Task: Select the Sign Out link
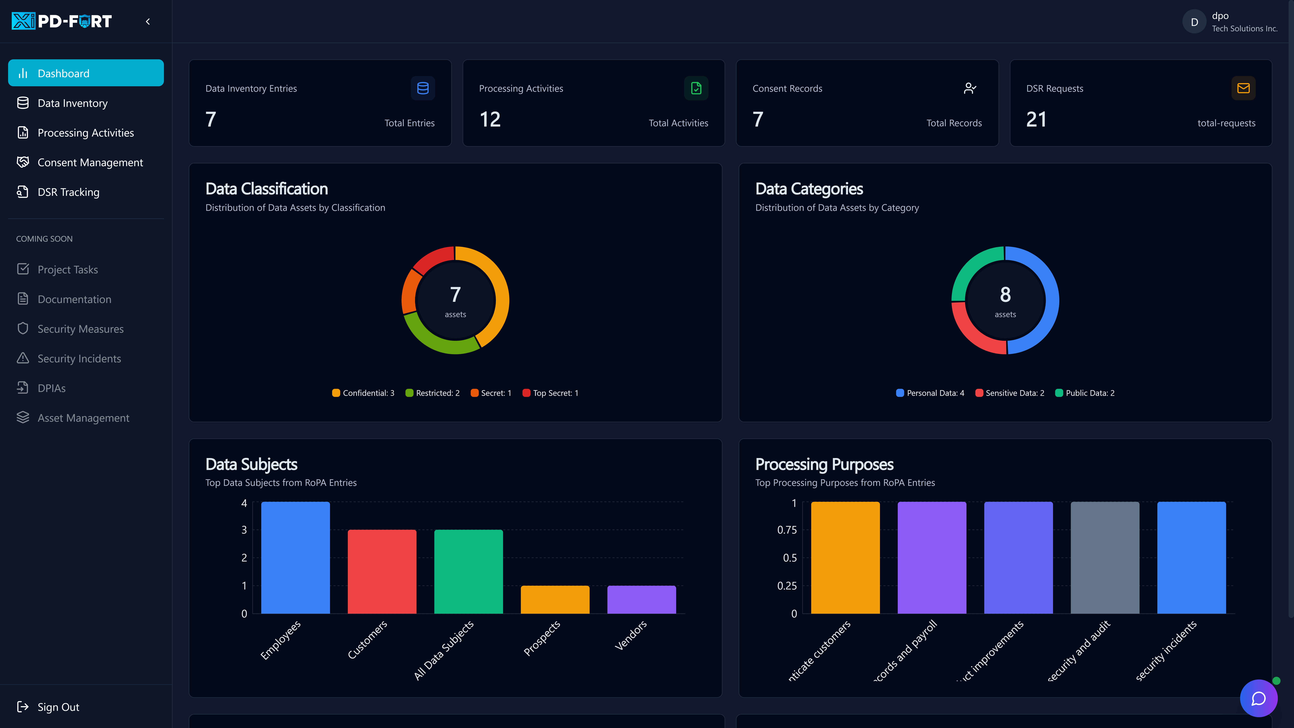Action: click(58, 707)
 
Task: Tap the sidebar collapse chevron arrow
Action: click(148, 22)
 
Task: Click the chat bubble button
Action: click(1258, 698)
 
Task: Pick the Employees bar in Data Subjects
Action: click(295, 558)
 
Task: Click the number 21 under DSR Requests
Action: click(1036, 120)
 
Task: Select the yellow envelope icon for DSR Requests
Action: click(1243, 88)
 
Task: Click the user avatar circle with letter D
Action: click(1194, 22)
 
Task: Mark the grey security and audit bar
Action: click(1105, 558)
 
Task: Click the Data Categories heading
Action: click(809, 189)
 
